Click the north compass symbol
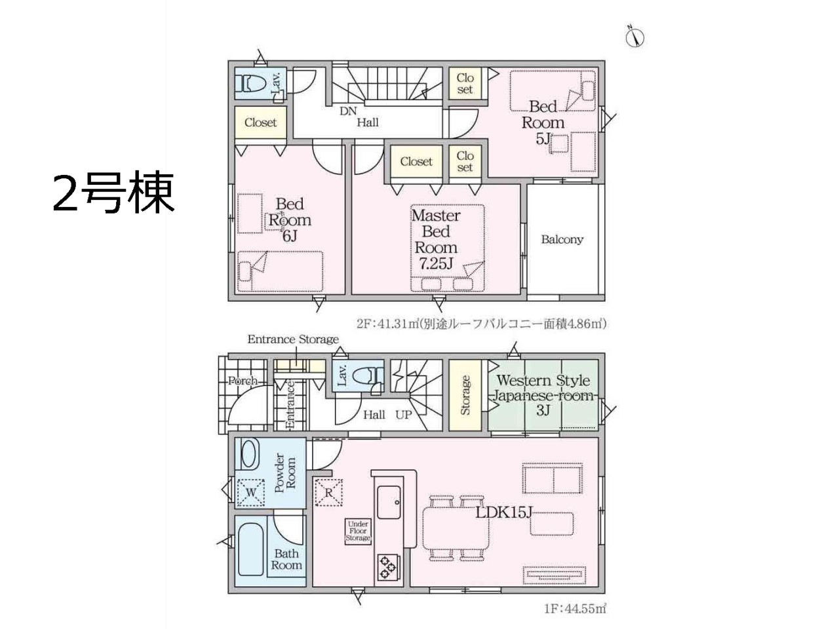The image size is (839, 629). (x=635, y=38)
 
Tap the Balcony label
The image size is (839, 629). (x=562, y=239)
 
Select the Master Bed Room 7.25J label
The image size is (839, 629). (x=436, y=239)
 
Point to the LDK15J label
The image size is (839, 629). (x=504, y=512)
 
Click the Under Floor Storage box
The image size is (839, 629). (x=358, y=531)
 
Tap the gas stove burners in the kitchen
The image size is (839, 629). (x=388, y=567)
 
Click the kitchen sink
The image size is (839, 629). (x=389, y=502)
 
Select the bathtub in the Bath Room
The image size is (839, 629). (x=250, y=549)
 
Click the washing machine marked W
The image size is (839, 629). (x=251, y=492)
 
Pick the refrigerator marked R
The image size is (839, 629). (x=329, y=492)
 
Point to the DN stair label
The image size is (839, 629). (x=348, y=111)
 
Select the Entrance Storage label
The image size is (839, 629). (x=293, y=339)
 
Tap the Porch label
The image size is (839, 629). (x=243, y=381)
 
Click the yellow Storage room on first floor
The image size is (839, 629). (x=465, y=395)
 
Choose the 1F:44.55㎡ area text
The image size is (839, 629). (x=576, y=619)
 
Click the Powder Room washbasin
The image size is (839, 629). (x=248, y=455)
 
